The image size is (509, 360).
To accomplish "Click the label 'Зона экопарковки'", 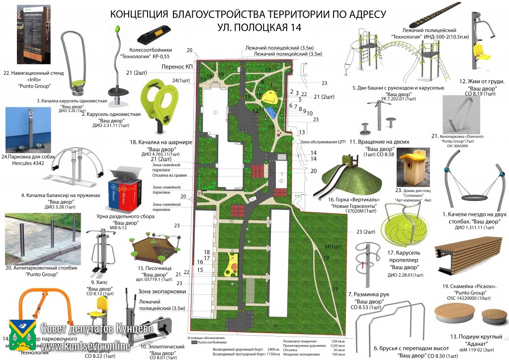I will pyautogui.click(x=162, y=291).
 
